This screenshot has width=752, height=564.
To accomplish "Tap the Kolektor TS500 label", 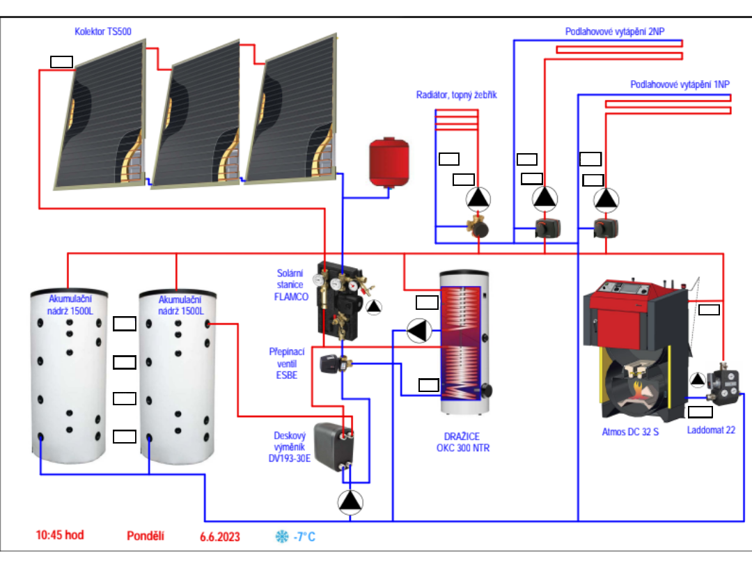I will (102, 31).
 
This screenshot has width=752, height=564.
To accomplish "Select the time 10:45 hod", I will (60, 535).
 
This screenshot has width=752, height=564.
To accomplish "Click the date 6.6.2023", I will (219, 536).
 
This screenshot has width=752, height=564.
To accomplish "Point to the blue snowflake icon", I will (282, 536).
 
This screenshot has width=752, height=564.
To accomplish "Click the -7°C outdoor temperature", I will (304, 536).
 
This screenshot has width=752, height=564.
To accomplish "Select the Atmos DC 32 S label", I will (630, 432).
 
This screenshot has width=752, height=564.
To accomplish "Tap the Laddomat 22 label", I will (711, 430).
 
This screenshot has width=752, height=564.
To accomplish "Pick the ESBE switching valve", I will (330, 363).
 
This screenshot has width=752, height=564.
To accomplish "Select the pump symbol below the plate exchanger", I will (350, 501).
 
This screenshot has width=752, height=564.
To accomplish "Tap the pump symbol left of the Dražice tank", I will (418, 330).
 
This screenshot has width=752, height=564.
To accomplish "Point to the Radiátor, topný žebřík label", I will (456, 95).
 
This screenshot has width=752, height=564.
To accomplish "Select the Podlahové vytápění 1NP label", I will (680, 84).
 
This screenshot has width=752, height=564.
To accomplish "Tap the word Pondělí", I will (146, 535).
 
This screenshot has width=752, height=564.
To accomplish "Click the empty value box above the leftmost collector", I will (61, 61).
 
